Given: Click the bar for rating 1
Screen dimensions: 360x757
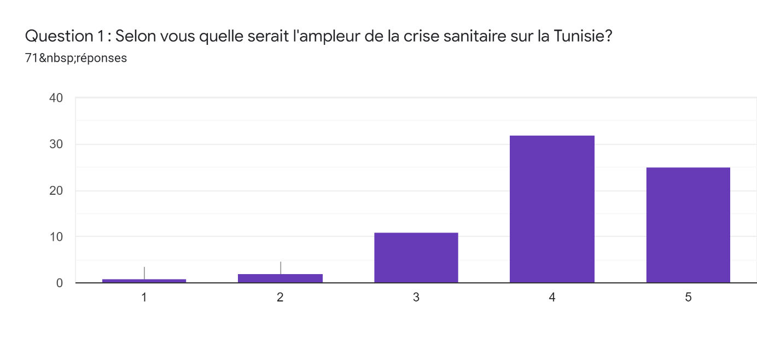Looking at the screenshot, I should pos(144,281).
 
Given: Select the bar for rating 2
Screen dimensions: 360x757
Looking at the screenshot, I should pos(280,278).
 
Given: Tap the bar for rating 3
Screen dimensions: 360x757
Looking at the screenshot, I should pos(416,258).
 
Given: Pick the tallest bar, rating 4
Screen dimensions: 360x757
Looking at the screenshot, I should pos(552,209).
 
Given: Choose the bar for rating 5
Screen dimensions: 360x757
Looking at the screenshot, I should pos(688,225).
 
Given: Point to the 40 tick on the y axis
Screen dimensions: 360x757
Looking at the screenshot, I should pos(56,98).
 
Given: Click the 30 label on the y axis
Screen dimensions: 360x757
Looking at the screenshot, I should pos(56,144).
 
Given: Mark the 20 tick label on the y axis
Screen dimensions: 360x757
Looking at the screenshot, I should pos(56,191).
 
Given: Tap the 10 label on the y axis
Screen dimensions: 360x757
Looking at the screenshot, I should pos(56,237).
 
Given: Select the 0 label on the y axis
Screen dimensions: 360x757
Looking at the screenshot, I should pos(59,283).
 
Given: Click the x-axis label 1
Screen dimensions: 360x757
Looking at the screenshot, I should pos(144,297).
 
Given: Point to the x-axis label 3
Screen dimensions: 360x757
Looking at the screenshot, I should pos(416,297).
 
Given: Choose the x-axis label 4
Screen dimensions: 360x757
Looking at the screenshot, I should pos(552,297).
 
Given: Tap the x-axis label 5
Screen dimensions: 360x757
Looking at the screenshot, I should pos(688,297).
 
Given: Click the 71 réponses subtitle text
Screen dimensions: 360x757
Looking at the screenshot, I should pos(76,58).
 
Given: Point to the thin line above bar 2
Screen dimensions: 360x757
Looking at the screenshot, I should pos(281,268).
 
